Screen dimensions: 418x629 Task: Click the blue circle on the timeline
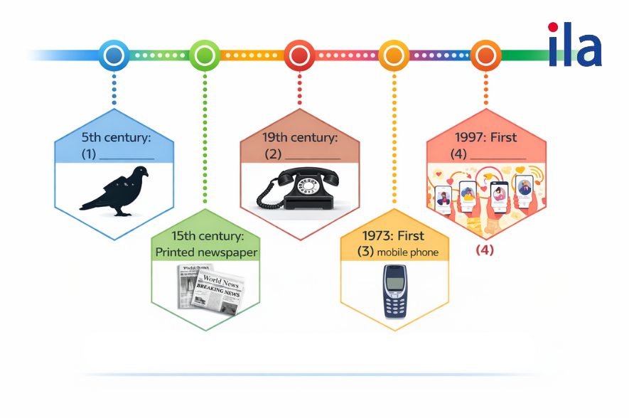pos(114,55)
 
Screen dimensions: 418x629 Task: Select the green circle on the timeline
pos(205,55)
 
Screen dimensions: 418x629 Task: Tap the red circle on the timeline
pos(299,55)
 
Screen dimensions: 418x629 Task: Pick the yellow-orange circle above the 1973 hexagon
pos(394,55)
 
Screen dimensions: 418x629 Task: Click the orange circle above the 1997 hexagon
pos(486,55)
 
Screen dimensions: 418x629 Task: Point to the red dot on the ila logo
pos(553,28)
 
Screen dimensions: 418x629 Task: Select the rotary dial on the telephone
pos(309,187)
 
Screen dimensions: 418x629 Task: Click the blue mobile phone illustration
pos(394,291)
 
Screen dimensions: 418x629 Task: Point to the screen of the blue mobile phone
pos(394,278)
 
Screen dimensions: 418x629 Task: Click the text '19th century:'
pos(299,137)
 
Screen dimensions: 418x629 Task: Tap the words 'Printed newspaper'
pos(206,252)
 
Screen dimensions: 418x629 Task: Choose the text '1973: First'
pos(393,235)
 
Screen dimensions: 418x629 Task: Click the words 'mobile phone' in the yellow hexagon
pos(408,252)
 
